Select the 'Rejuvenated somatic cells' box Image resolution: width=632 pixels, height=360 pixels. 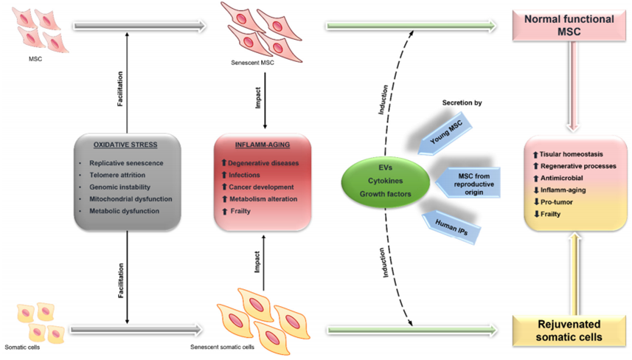coord(566,329)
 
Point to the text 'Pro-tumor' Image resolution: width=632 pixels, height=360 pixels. coord(551,201)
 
